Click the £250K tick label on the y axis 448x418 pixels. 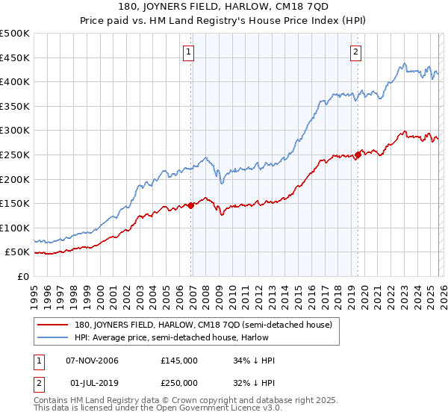coord(15,155)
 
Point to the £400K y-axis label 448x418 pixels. coord(15,81)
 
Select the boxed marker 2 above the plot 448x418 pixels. coord(355,52)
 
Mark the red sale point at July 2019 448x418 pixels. coord(358,155)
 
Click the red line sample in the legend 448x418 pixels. coord(54,325)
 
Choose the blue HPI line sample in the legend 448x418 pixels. coord(54,337)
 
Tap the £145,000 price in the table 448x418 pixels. coord(179,361)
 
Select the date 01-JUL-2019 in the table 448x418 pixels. coord(93,383)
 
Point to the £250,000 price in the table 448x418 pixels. coord(179,383)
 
